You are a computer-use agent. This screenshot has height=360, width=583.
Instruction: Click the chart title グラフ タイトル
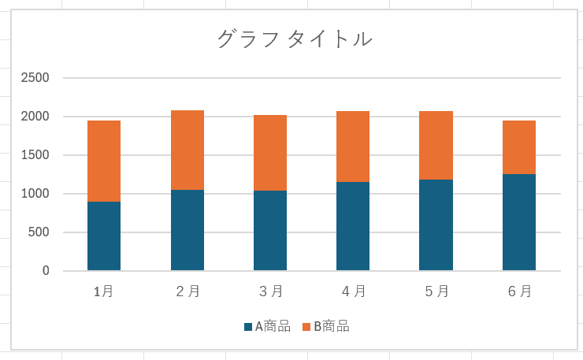(x=295, y=39)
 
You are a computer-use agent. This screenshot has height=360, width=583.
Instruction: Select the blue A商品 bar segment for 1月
(x=104, y=236)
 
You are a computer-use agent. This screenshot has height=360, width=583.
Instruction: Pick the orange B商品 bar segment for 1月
(x=104, y=161)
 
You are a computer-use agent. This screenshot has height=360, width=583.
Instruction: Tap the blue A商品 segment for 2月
(x=188, y=230)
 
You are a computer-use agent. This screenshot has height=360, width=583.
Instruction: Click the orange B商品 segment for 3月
(x=270, y=153)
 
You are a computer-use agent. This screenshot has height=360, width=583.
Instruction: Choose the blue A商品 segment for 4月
(x=353, y=226)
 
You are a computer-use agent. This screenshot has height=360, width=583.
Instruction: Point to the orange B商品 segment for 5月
(x=436, y=145)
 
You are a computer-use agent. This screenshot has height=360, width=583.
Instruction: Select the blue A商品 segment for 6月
(x=519, y=222)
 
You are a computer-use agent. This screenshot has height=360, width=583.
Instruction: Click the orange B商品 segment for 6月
(x=519, y=147)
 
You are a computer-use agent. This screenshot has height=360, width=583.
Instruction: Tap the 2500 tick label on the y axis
(x=36, y=78)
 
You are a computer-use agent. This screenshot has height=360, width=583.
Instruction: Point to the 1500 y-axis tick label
(x=36, y=155)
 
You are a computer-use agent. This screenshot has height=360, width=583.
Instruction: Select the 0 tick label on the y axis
(x=46, y=271)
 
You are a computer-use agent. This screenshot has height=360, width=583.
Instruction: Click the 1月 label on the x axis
(x=104, y=291)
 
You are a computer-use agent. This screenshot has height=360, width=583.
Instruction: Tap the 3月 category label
(x=270, y=291)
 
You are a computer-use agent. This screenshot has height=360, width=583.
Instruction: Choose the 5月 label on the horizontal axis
(x=436, y=291)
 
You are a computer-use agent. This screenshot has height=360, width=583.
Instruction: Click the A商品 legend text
(x=273, y=326)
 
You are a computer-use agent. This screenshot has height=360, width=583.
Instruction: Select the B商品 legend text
(x=331, y=326)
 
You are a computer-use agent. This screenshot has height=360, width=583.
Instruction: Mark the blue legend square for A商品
(x=248, y=326)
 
